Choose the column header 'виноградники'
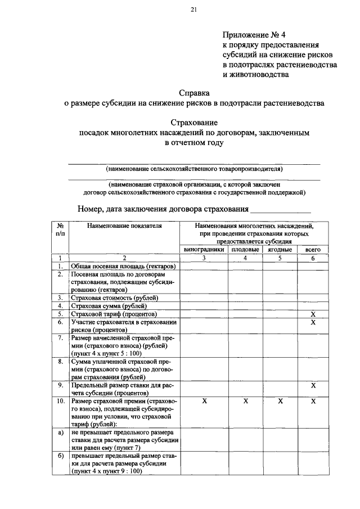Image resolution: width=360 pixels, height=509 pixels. coord(204,249)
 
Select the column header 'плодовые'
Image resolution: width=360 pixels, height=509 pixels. coord(245,249)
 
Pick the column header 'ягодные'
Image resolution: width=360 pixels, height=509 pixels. coord(280,249)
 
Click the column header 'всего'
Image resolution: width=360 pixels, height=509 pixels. coord(313,249)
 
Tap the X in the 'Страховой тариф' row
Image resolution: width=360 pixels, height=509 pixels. coord(313,314)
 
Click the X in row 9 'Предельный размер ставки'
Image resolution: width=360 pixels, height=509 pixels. coord(313,385)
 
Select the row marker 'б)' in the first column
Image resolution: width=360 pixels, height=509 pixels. coord(60,456)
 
